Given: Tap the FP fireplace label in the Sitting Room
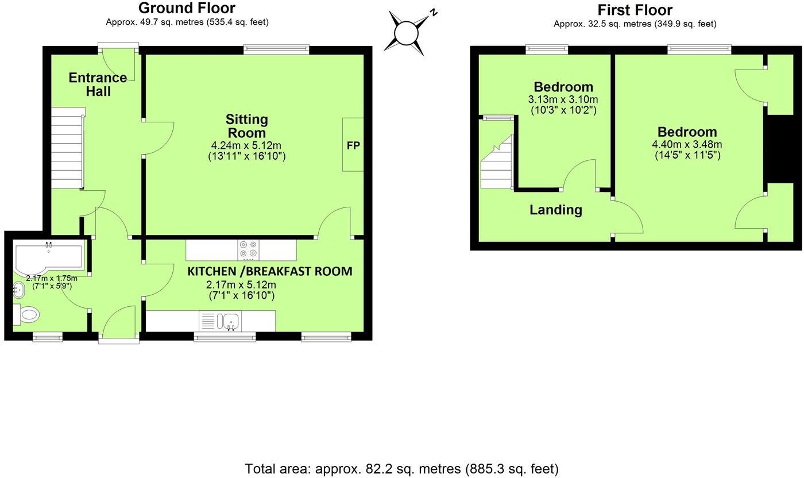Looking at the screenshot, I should [x=353, y=145].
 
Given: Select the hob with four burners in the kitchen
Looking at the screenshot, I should [x=248, y=250].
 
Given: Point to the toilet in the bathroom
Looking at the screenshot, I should [x=26, y=314].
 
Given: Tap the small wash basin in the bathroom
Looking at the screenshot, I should [x=18, y=291].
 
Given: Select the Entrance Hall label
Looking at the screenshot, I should [x=98, y=84].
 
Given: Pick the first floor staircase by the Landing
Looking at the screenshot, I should [x=496, y=164].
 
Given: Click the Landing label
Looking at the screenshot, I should [x=555, y=210].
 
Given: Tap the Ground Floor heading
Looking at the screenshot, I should [x=187, y=8].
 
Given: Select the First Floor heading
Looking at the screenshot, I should [x=635, y=10].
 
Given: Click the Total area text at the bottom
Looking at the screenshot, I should [x=401, y=469].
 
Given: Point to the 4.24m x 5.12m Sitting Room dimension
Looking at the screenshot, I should [x=246, y=145].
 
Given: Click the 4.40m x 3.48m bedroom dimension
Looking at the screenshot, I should [x=687, y=144].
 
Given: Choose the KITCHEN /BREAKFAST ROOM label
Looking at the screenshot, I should [x=270, y=271].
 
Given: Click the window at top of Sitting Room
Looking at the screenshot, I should [x=276, y=50].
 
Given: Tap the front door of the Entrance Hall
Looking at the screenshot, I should [x=118, y=49].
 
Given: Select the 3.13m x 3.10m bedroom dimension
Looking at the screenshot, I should [x=563, y=99].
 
